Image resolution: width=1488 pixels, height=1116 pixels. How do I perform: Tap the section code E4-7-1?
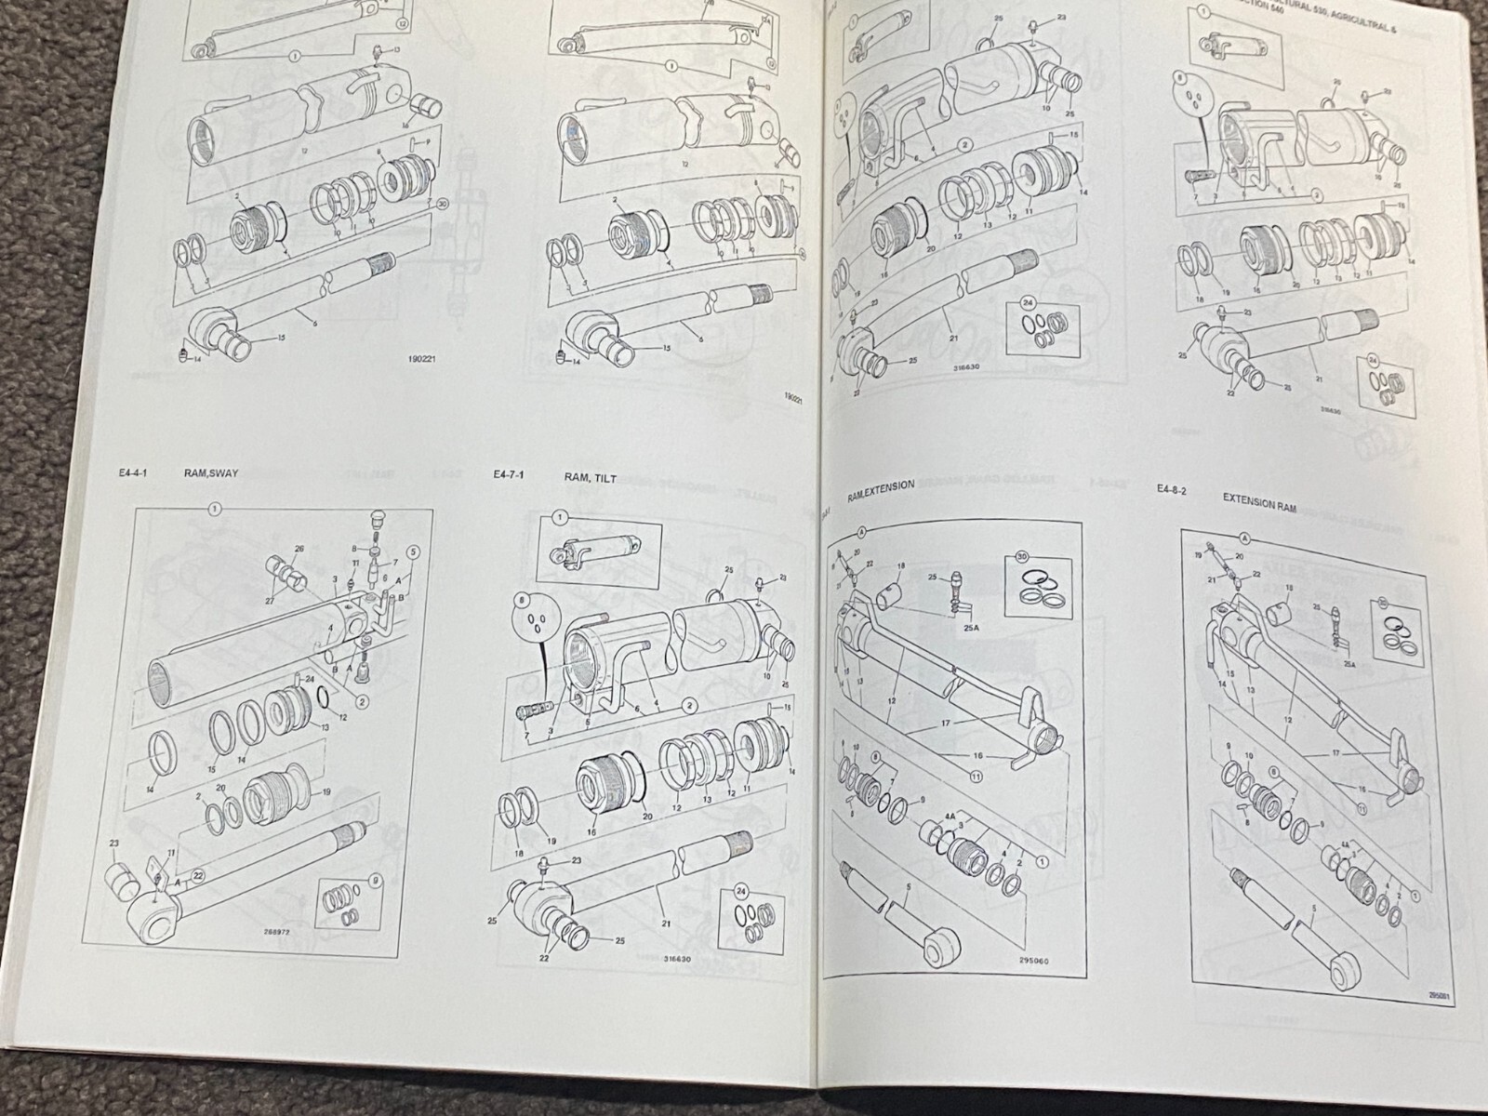510,475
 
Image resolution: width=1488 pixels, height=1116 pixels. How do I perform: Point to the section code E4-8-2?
1171,489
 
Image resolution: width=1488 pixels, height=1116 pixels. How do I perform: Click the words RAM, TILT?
590,477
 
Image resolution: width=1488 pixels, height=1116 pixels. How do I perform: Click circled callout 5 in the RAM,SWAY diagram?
414,551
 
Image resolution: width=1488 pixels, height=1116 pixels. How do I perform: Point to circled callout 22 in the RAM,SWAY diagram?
197,876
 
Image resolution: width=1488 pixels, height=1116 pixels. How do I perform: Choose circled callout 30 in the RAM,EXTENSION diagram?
1022,560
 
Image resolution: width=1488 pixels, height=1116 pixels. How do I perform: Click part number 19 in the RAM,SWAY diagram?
326,792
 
